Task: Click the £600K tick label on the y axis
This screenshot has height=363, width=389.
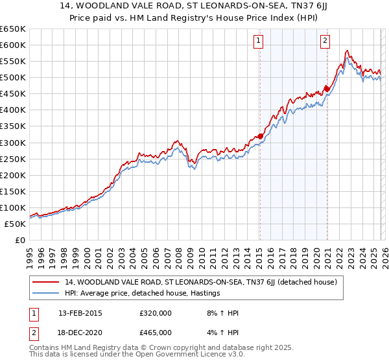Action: [x=13, y=45]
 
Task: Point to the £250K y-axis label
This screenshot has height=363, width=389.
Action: [x=13, y=159]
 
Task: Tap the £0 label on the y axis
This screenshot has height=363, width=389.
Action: [x=20, y=240]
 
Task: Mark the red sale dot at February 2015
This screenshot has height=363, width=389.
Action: [x=260, y=136]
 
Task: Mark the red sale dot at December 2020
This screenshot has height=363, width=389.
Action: [x=327, y=89]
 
